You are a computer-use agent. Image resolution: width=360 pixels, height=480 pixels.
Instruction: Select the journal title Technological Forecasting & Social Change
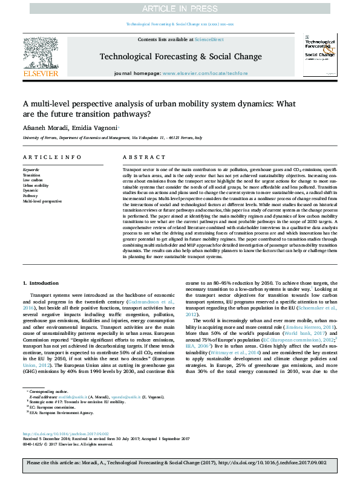tap(180, 57)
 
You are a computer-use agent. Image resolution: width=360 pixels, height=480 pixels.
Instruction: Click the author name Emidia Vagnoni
tap(94, 128)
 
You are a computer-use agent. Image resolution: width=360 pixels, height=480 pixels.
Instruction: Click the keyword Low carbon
tap(33, 180)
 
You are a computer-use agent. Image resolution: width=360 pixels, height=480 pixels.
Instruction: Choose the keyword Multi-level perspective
tap(42, 201)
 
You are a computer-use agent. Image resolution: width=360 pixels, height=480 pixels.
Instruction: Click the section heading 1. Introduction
tap(41, 283)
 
